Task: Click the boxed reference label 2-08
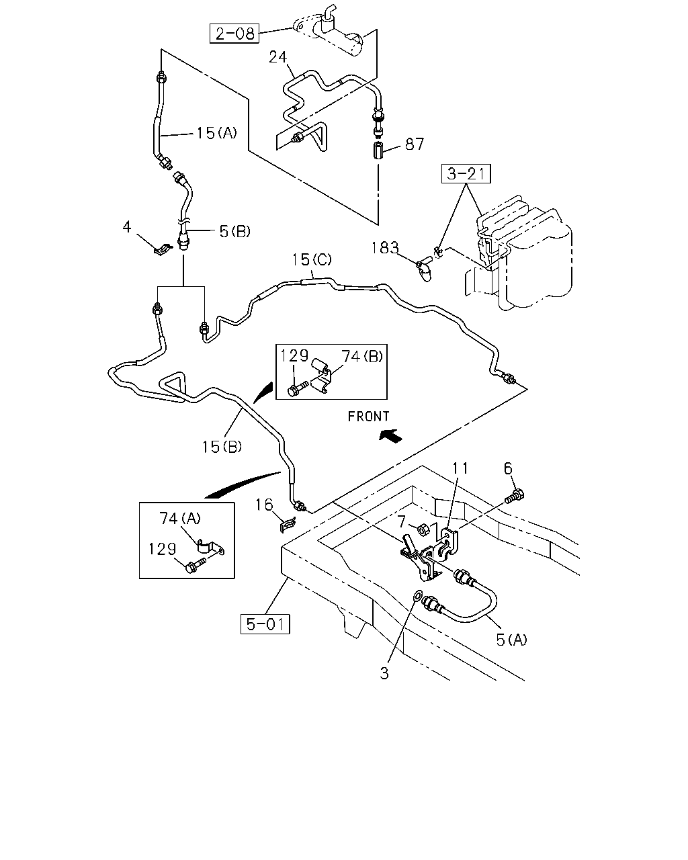pyautogui.click(x=234, y=33)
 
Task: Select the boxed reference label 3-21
pyautogui.click(x=466, y=173)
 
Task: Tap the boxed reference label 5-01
pyautogui.click(x=265, y=623)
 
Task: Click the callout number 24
pyautogui.click(x=278, y=57)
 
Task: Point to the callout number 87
pyautogui.click(x=415, y=144)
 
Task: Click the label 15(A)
pyautogui.click(x=216, y=132)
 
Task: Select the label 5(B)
pyautogui.click(x=235, y=231)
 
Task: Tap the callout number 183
pyautogui.click(x=385, y=248)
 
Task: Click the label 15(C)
pyautogui.click(x=312, y=260)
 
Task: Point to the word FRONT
pyautogui.click(x=368, y=417)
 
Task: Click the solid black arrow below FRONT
pyautogui.click(x=390, y=435)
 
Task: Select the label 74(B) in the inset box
pyautogui.click(x=362, y=356)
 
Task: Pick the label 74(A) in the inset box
pyautogui.click(x=180, y=518)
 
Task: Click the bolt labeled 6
pyautogui.click(x=515, y=497)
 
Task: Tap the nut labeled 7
pyautogui.click(x=424, y=530)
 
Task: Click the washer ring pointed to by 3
pyautogui.click(x=417, y=597)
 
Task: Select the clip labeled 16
pyautogui.click(x=288, y=524)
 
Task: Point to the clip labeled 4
pyautogui.click(x=163, y=250)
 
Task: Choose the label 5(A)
pyautogui.click(x=512, y=640)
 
